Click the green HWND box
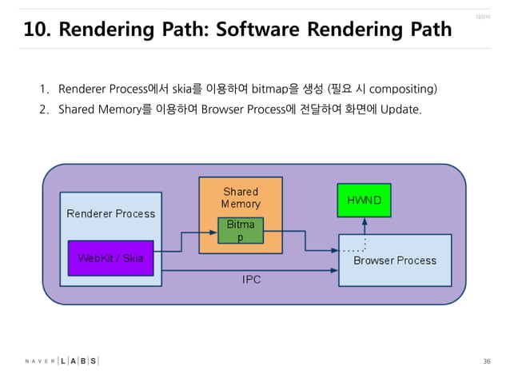point(365,199)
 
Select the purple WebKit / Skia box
point(110,258)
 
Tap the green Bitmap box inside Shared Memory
point(241,230)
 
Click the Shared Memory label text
point(241,197)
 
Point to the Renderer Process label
point(111,213)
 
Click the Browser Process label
point(395,261)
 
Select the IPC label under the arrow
point(251,280)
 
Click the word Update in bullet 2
point(400,109)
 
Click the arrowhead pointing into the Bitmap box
point(213,232)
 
